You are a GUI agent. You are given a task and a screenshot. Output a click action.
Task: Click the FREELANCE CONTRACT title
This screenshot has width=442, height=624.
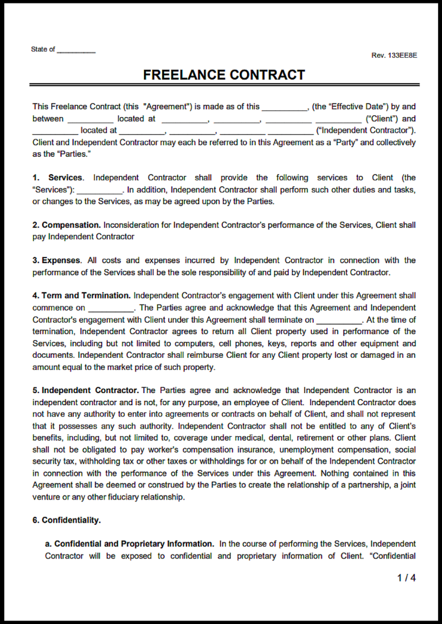(x=224, y=75)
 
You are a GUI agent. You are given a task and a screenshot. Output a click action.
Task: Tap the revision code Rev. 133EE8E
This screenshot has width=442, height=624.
(x=394, y=55)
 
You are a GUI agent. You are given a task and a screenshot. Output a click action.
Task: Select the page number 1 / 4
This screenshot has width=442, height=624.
(x=406, y=578)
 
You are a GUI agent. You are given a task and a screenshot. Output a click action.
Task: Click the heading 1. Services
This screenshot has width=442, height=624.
(x=58, y=177)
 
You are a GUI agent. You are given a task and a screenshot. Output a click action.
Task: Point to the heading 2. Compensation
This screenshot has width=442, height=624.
(x=66, y=225)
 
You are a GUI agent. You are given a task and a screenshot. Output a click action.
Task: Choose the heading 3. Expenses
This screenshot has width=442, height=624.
(x=56, y=260)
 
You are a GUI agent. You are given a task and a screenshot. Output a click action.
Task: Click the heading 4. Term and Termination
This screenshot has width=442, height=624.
(x=81, y=296)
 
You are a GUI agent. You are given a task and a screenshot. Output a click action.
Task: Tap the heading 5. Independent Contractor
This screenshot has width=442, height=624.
(x=85, y=390)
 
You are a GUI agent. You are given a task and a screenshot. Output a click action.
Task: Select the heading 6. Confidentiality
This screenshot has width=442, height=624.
(x=66, y=520)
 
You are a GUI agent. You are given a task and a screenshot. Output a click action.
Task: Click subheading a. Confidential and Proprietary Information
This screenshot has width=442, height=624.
(x=129, y=543)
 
